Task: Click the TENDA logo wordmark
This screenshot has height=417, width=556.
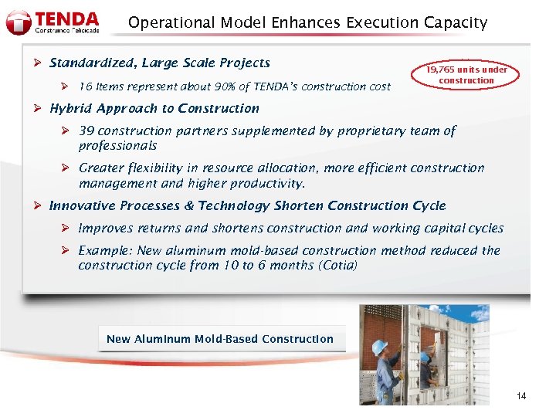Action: pos(68,17)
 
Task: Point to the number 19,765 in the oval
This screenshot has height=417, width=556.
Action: pos(443,69)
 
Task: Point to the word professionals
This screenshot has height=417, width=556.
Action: pos(117,145)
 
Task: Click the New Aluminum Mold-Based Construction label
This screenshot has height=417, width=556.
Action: pos(220,339)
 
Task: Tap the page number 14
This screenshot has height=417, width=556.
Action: pos(521,396)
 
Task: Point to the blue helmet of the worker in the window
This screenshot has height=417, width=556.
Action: pos(425,358)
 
